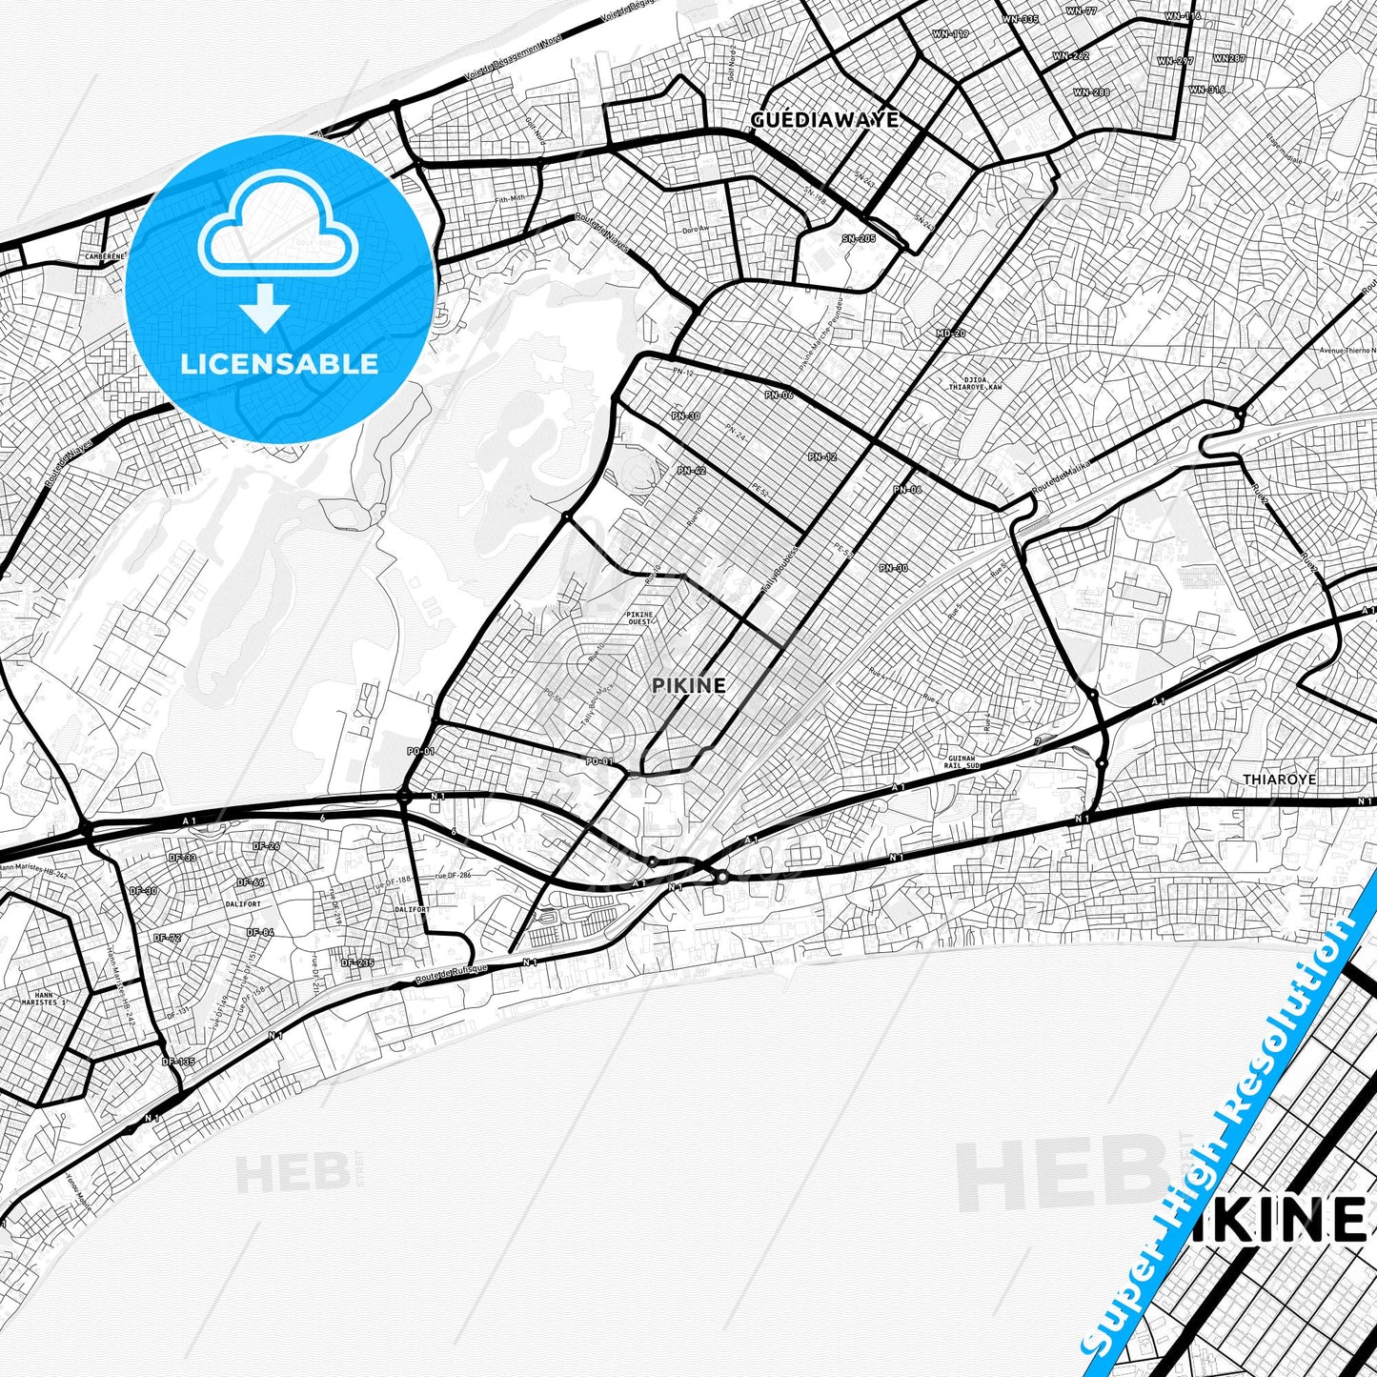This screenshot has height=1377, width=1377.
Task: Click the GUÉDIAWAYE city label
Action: point(824,120)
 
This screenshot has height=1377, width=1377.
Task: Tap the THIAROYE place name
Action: point(1279,780)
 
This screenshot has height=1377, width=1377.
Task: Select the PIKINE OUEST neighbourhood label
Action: point(639,618)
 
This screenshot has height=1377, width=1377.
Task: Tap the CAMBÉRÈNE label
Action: point(103,256)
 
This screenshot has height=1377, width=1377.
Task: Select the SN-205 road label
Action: point(859,238)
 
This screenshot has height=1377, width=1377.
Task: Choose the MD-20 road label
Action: point(950,334)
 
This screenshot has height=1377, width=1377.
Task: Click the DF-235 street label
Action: point(357,962)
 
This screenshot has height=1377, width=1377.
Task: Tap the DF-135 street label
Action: point(177,1062)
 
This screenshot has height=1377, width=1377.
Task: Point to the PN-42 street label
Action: point(691,471)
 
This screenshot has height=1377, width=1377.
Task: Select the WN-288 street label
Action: point(1091,92)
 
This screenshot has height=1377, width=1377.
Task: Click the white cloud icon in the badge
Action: point(277,229)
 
